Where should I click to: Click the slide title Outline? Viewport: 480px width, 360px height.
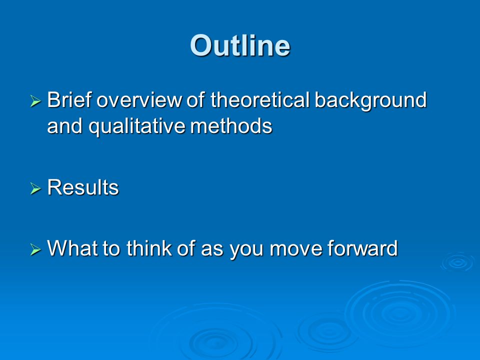point(240,45)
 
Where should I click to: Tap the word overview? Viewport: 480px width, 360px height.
point(139,100)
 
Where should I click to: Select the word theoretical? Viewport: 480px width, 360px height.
point(260,100)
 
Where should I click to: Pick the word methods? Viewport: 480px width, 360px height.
point(231,126)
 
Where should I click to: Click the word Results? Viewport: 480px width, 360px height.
point(83,187)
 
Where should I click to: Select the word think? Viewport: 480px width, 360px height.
point(149,247)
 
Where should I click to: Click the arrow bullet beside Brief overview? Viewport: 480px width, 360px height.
point(35,101)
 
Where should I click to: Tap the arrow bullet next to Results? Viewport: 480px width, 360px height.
point(35,188)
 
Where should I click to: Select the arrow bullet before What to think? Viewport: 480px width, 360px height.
point(35,249)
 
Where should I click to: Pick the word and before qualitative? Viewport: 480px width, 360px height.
point(64,126)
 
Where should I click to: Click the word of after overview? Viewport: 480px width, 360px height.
point(196,100)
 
